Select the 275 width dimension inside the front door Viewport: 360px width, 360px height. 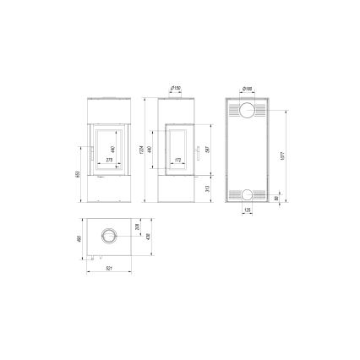[109, 160]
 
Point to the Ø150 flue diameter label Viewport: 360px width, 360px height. [177, 87]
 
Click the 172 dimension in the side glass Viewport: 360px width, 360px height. [177, 160]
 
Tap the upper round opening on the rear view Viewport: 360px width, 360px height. [247, 112]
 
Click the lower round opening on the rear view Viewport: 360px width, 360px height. [247, 194]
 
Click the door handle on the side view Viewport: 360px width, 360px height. [192, 157]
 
